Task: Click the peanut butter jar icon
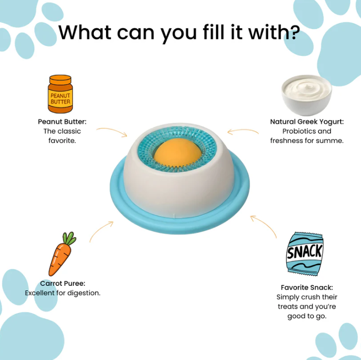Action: (x=60, y=94)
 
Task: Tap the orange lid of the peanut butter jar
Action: (x=60, y=80)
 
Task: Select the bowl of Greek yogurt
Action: (x=306, y=95)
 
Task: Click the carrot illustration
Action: (x=62, y=254)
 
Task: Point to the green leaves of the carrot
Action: (x=69, y=238)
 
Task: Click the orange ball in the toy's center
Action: (x=177, y=151)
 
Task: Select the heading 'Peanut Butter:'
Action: (x=62, y=122)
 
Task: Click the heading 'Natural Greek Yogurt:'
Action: (x=307, y=122)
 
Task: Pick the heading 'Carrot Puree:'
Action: (x=63, y=283)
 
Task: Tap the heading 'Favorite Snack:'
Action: (x=307, y=287)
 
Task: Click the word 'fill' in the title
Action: (x=214, y=32)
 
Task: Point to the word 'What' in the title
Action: (x=85, y=32)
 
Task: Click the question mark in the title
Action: (x=294, y=32)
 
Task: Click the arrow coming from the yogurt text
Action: (x=242, y=130)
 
